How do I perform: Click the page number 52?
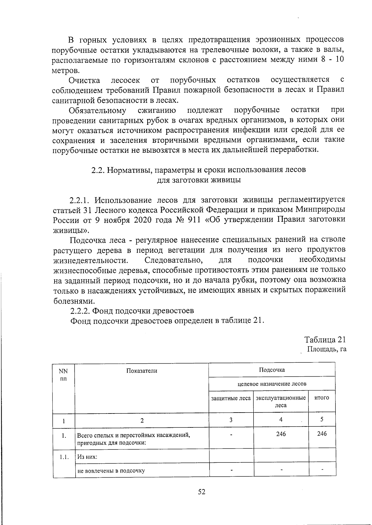click(x=202, y=492)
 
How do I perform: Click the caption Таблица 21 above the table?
click(x=325, y=339)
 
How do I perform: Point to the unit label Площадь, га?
click(x=326, y=349)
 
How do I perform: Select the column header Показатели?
click(x=142, y=371)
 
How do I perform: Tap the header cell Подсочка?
click(x=272, y=370)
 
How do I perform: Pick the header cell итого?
click(x=322, y=398)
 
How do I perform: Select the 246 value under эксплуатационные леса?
click(x=281, y=434)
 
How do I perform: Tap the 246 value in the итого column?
click(x=322, y=434)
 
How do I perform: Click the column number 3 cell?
click(x=231, y=420)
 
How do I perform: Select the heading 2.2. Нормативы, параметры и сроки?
click(x=198, y=170)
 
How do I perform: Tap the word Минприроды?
click(x=320, y=210)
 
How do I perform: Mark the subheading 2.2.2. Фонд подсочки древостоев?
click(x=132, y=311)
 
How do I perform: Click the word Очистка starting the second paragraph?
click(x=84, y=81)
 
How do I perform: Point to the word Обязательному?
click(x=97, y=111)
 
